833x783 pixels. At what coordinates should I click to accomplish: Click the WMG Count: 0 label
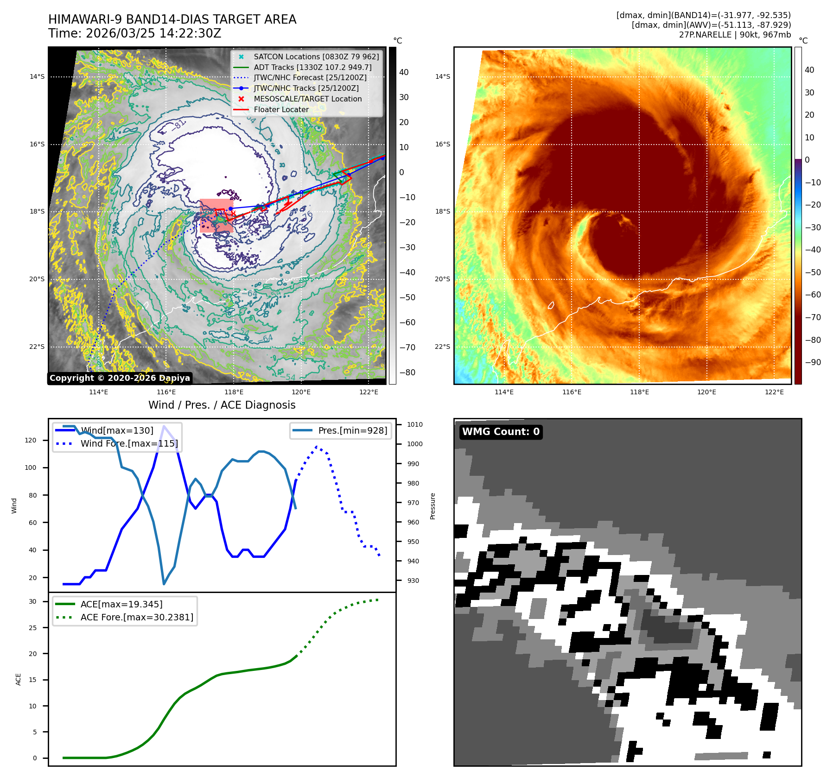tap(501, 432)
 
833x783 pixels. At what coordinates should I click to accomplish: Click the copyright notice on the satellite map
tap(120, 378)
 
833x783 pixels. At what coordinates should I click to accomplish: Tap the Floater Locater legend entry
tap(281, 109)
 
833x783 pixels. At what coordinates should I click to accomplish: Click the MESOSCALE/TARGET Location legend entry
tap(307, 99)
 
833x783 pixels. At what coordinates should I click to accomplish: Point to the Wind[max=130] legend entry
tap(117, 430)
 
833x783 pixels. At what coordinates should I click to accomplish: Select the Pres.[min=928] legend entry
tap(352, 430)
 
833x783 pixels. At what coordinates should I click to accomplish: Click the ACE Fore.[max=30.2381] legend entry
tap(137, 617)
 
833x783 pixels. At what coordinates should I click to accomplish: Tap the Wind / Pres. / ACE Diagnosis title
tap(222, 405)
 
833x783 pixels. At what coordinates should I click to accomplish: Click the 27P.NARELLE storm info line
tap(735, 35)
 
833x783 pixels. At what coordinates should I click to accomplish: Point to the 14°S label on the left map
tap(37, 76)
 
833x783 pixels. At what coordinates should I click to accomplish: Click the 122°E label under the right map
tap(774, 392)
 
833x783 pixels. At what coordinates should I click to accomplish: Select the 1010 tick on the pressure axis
tap(414, 424)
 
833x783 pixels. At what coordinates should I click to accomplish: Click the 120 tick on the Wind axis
tap(31, 440)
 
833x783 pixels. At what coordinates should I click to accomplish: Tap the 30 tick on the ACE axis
tap(32, 601)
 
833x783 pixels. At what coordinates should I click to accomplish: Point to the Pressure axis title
tap(432, 506)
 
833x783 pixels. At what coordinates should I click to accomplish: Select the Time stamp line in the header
tap(135, 33)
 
